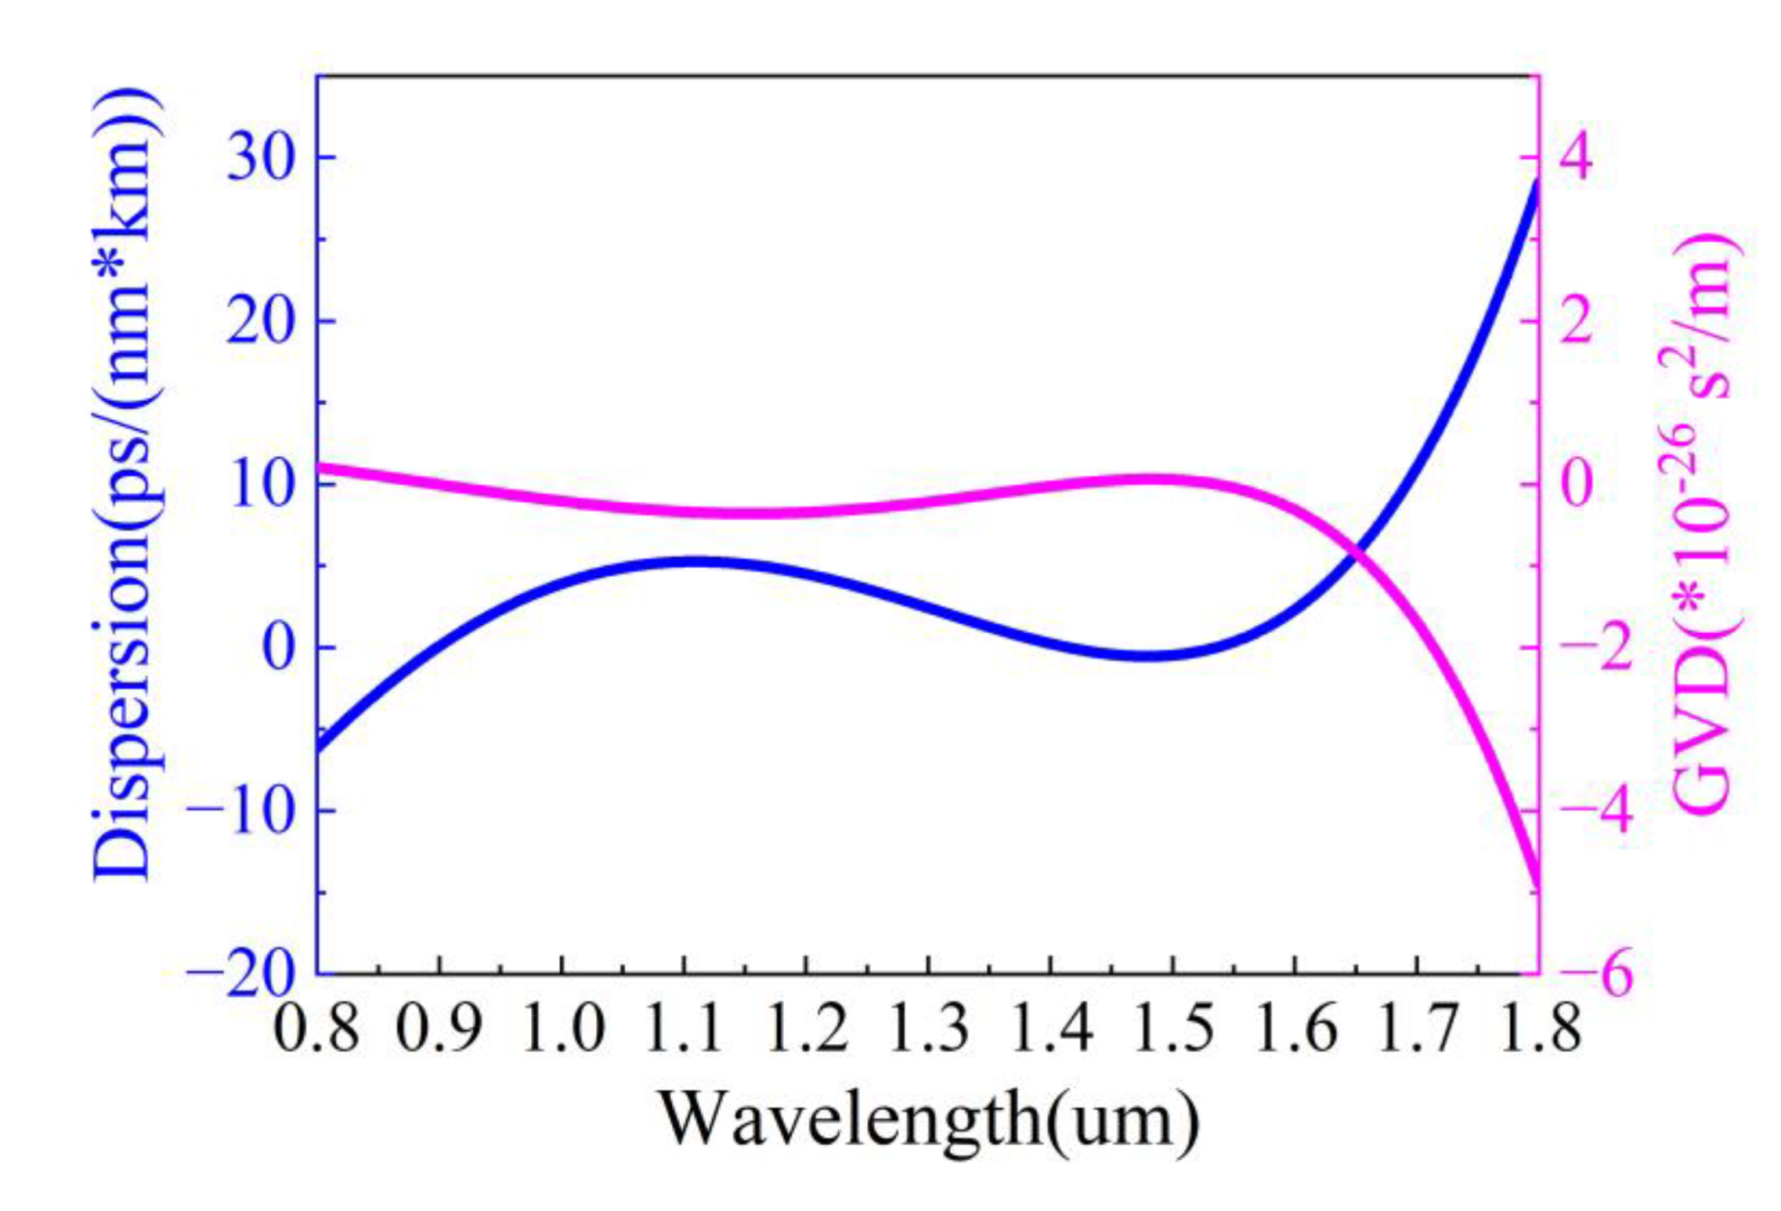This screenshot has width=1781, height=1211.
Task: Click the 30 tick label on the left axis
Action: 260,159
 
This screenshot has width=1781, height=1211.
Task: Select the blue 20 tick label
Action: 260,322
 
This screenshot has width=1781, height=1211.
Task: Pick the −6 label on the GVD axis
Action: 1596,974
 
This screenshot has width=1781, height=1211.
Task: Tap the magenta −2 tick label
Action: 1596,648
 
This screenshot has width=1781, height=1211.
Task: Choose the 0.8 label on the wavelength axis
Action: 317,1029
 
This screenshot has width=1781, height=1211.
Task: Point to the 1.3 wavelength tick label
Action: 928,1029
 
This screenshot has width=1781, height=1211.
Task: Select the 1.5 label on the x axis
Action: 1173,1029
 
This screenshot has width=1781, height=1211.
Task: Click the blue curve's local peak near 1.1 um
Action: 695,562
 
